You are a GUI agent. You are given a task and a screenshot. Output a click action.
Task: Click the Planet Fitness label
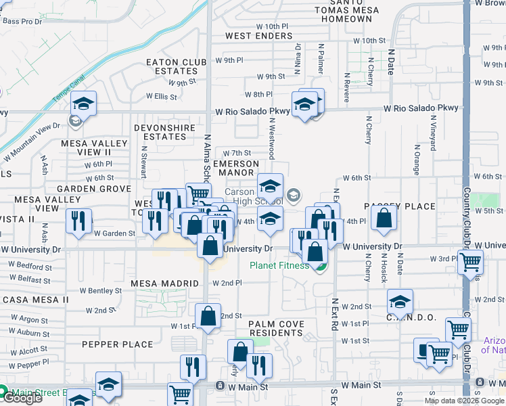279,265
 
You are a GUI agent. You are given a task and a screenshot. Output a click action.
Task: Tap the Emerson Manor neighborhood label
235,168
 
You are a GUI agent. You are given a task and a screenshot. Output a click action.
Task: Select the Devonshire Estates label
168,132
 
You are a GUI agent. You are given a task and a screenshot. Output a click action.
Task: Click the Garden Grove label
94,189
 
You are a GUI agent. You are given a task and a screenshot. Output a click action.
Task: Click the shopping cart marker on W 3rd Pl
469,261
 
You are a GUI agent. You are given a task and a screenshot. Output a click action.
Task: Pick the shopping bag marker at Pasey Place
384,218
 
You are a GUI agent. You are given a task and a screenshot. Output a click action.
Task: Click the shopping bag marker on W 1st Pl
208,315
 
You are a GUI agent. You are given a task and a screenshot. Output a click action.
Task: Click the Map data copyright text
463,401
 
